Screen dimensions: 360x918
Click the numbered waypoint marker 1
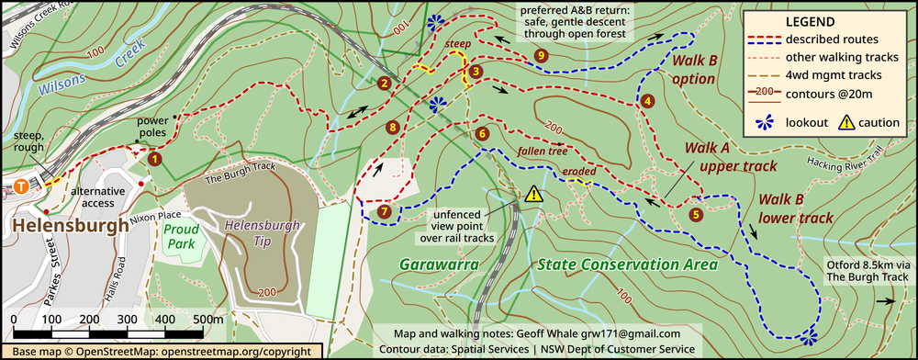[x=154, y=159]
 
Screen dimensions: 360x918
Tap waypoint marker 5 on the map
[x=695, y=215]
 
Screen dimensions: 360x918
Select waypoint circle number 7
[x=384, y=212]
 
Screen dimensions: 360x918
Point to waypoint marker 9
[x=541, y=56]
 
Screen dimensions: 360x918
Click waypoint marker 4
[x=647, y=101]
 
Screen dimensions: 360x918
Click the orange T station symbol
[x=20, y=184]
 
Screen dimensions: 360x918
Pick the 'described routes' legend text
[x=833, y=39]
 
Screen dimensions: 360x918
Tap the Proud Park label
[x=182, y=236]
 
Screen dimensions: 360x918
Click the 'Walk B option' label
[x=692, y=70]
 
